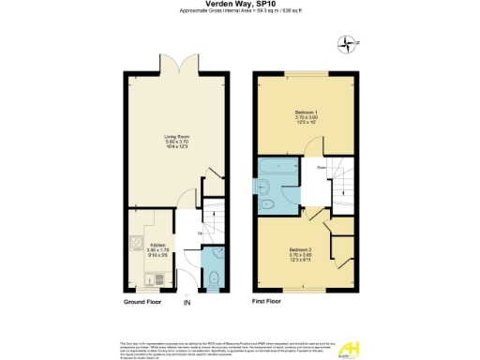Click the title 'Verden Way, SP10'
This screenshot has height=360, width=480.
[x=239, y=6]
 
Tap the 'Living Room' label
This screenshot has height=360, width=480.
[x=175, y=140]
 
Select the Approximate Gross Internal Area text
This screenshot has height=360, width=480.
[x=239, y=13]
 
